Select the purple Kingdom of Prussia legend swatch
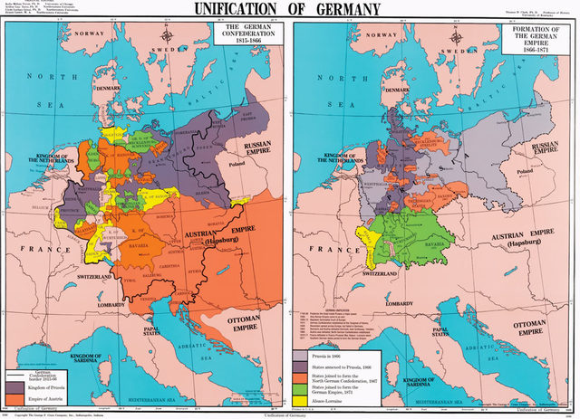(x=15, y=386)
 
